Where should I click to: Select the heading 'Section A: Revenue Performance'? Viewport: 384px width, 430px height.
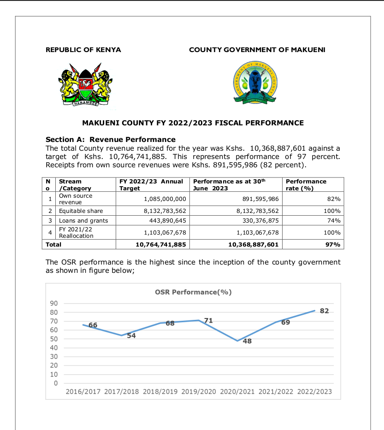tap(111, 139)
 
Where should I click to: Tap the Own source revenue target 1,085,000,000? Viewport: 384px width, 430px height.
tap(165, 199)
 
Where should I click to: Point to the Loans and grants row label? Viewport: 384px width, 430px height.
tap(83, 220)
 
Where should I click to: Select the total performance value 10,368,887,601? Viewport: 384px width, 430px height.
tap(254, 244)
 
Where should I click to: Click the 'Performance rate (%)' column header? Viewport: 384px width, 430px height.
tap(306, 184)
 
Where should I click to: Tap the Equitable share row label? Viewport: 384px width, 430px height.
tap(81, 211)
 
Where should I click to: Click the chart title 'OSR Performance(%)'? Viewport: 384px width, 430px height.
tap(193, 292)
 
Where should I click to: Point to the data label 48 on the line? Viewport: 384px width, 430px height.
tap(247, 342)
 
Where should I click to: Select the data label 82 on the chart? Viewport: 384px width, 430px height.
tap(324, 311)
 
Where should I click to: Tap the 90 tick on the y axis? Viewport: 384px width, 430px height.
tap(54, 303)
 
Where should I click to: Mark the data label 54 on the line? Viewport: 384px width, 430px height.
tap(131, 336)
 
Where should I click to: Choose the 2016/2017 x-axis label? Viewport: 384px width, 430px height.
tap(83, 392)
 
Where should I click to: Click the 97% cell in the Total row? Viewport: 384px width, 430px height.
tap(333, 244)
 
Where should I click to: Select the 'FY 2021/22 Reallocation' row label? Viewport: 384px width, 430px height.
tap(76, 232)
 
